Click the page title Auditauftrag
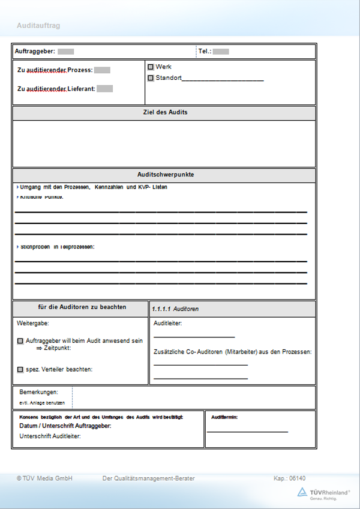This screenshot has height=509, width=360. (38, 26)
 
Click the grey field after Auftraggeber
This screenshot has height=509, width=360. (66, 52)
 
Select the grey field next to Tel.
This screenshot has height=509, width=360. (221, 52)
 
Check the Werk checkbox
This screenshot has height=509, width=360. (151, 67)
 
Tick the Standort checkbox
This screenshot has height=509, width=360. (151, 78)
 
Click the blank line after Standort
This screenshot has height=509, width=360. (223, 79)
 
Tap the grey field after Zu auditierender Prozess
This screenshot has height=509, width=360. (102, 70)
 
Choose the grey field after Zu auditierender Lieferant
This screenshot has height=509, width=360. (105, 89)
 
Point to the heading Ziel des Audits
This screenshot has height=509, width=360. (164, 112)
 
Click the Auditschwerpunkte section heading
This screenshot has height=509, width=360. (164, 175)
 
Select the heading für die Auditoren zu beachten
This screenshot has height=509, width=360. (82, 307)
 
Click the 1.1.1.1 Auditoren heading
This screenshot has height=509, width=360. (175, 309)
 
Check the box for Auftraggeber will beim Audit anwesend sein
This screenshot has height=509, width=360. (20, 341)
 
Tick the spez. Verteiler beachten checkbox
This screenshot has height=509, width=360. (20, 369)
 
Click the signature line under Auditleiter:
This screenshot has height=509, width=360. (194, 337)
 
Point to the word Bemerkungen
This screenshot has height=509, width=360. (38, 392)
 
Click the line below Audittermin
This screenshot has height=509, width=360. (247, 432)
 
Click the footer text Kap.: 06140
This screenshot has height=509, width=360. (289, 478)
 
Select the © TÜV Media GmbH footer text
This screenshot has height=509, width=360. (44, 478)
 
